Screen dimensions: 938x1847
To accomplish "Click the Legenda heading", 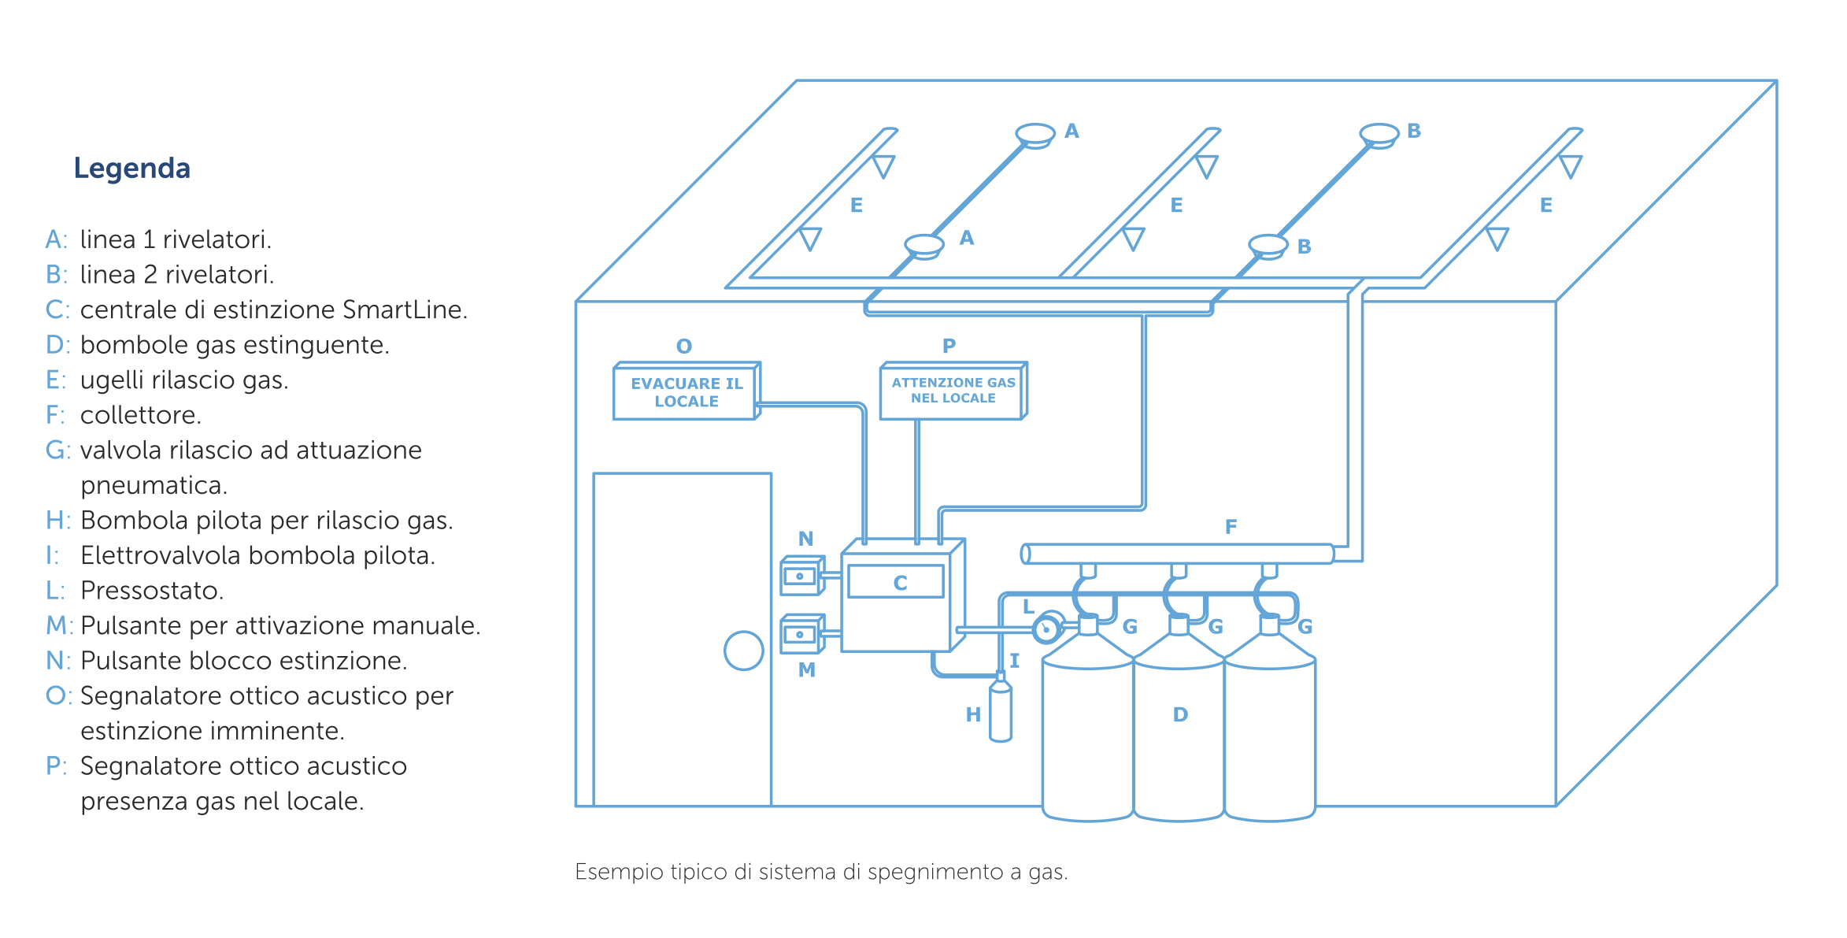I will pos(131,168).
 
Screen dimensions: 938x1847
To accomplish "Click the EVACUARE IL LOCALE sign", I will pos(686,391).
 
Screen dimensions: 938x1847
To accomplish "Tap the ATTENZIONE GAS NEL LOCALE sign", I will pos(953,391).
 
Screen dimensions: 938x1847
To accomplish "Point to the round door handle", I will pos(743,651).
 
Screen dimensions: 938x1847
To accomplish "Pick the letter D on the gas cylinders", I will pos(1180,714).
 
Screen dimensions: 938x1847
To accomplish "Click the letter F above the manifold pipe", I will pos(1231,526).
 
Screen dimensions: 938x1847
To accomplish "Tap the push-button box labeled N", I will pos(801,576).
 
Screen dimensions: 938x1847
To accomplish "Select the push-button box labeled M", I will pos(801,634).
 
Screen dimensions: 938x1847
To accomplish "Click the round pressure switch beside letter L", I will pos(1047,628).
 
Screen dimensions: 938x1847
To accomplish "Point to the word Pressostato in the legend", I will pos(152,590).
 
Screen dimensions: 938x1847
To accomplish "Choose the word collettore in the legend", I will pos(141,414).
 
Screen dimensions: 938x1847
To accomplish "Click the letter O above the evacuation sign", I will pos(684,346).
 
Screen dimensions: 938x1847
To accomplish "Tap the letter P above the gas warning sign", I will pos(949,345).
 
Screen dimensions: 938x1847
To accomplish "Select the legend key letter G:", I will pos(57,450).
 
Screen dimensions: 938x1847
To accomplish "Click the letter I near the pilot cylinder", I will pos(1015,661).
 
